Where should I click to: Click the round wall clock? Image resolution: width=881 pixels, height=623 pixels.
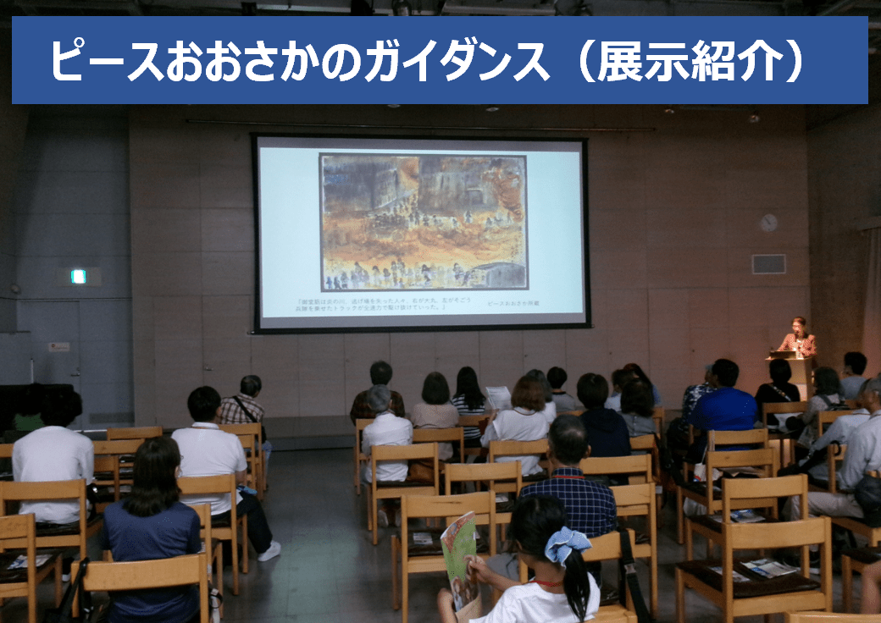coord(768,223)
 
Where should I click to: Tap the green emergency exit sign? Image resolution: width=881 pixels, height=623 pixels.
coord(78,276)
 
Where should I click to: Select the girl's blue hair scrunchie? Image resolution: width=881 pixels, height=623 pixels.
coord(567,543)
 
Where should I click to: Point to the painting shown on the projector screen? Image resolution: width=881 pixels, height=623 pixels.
coord(423,223)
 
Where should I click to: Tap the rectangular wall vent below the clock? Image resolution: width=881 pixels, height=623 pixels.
coord(768,264)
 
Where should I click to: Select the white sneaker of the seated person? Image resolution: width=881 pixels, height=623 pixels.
coord(269,551)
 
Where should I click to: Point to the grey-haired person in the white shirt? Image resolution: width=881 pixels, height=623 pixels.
coord(385,427)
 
